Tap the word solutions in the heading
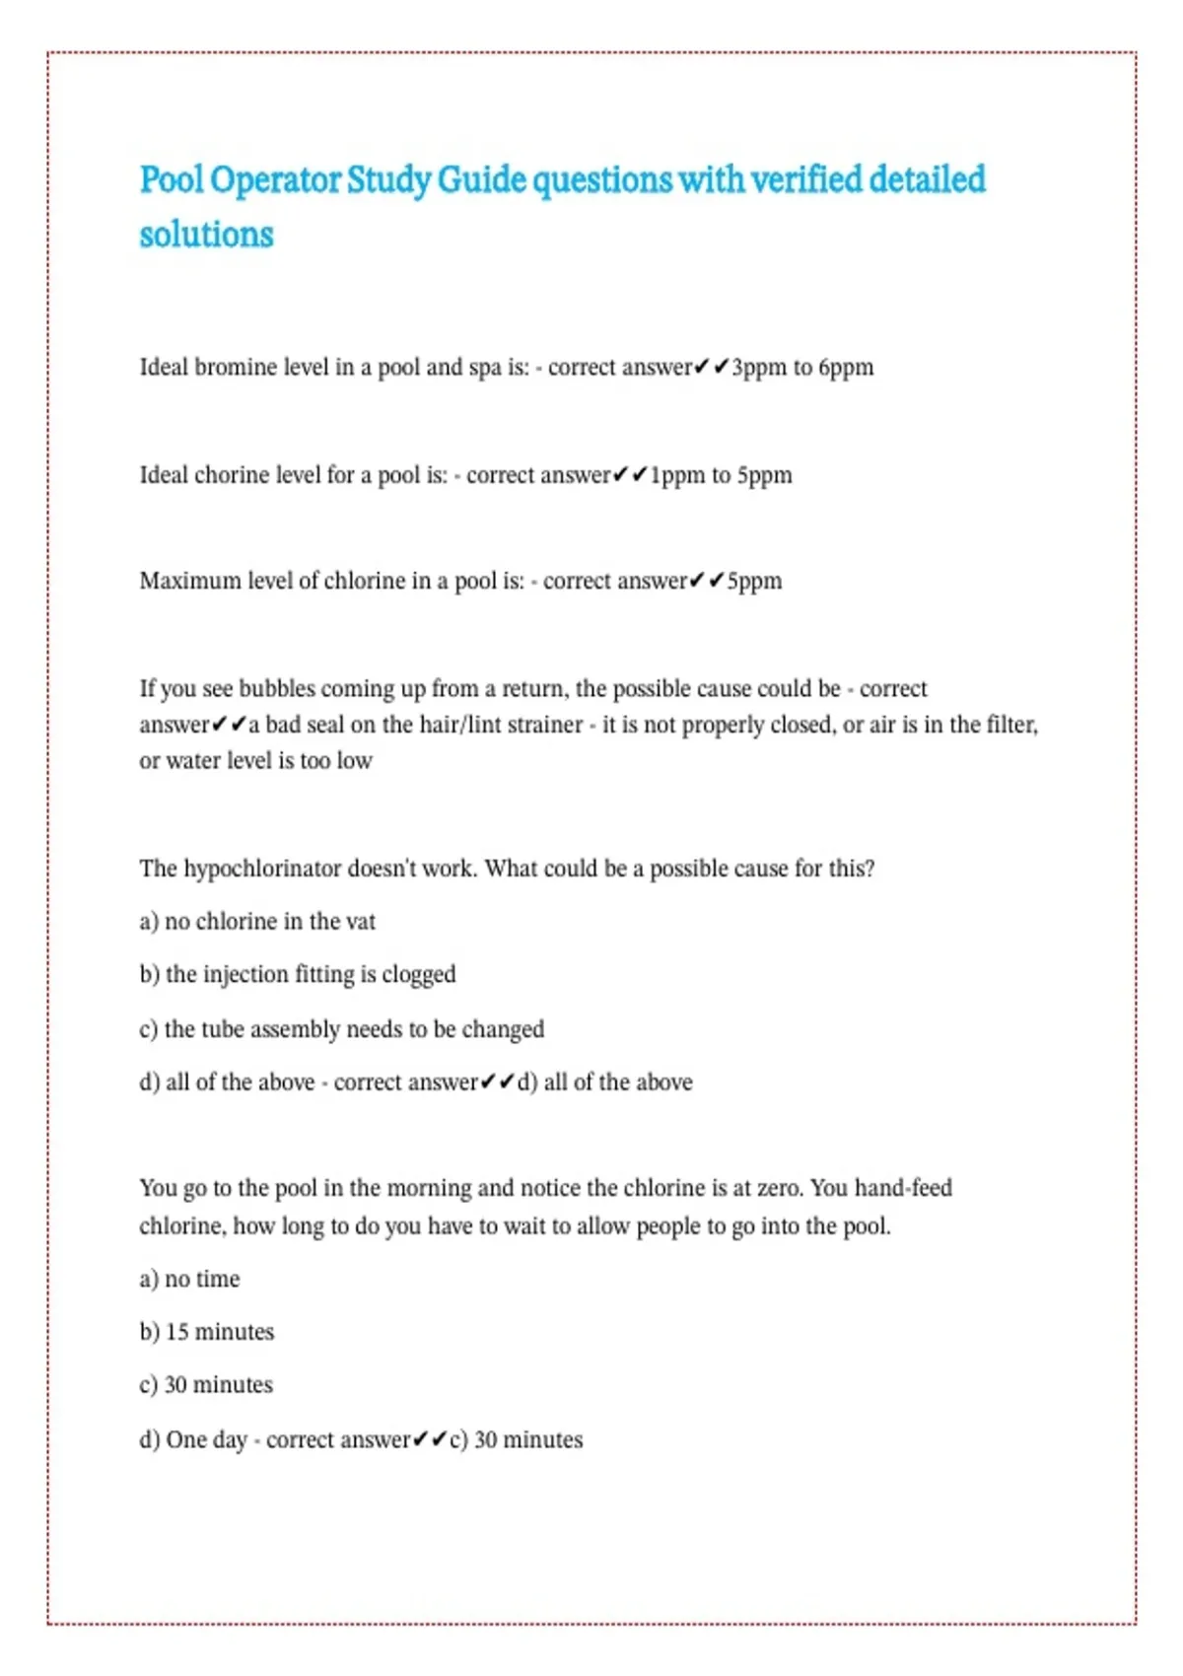(206, 235)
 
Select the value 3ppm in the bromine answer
(759, 368)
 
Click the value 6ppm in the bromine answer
(846, 368)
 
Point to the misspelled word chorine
(231, 475)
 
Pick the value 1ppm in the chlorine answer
(677, 475)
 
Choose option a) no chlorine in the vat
(257, 922)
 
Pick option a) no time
(189, 1279)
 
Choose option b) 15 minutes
(207, 1332)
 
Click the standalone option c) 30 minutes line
(206, 1385)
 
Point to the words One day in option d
(206, 1439)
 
